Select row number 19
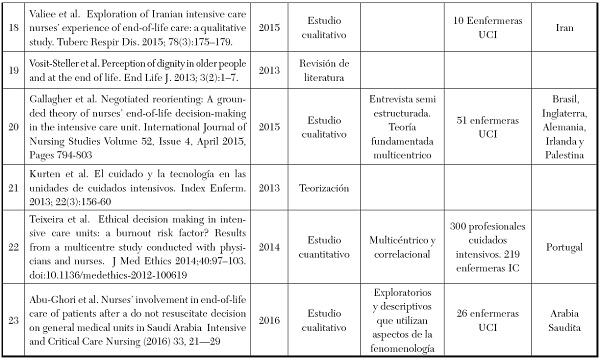click(x=12, y=69)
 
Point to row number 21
click(x=12, y=188)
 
